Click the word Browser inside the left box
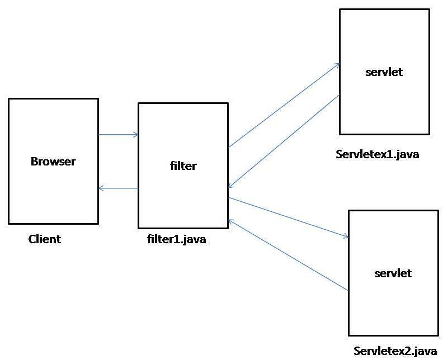coord(53,162)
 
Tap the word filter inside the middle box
coord(183,166)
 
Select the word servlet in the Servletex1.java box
coord(384,72)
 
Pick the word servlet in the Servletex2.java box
coord(393,273)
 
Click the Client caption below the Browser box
coord(45,239)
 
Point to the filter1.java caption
coord(177,240)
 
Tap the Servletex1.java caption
coord(378,154)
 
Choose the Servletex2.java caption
coord(395,351)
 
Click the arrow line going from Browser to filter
coord(118,134)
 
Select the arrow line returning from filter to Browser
coord(118,188)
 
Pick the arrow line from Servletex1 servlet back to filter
coord(284,141)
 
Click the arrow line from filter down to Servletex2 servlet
coord(288,217)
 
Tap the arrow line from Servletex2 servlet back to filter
coord(288,255)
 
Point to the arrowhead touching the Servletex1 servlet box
coord(336,65)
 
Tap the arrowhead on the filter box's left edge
coord(135,134)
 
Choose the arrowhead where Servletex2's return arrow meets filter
coord(232,221)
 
